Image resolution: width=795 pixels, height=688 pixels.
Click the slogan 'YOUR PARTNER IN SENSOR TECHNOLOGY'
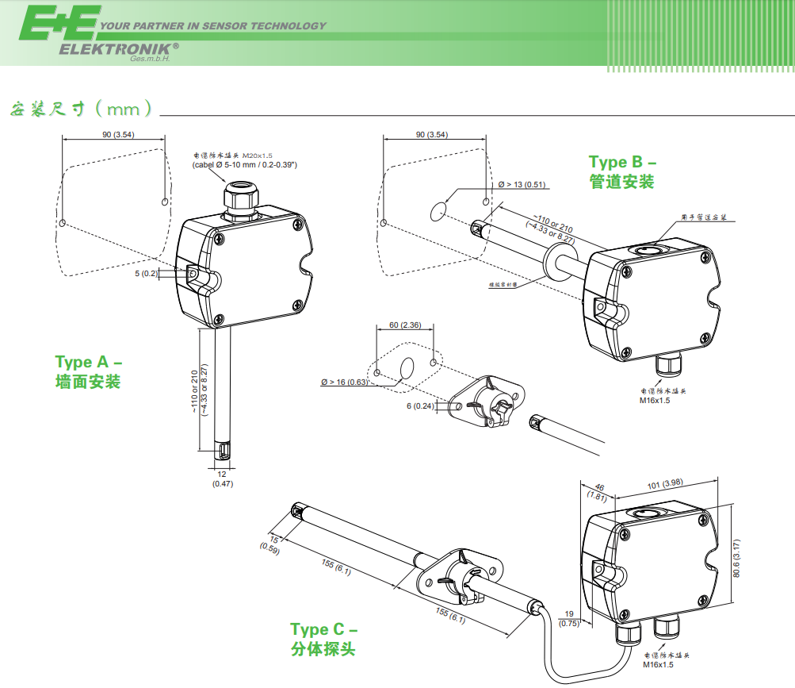tap(212, 26)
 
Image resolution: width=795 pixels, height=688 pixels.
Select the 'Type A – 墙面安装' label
tap(88, 371)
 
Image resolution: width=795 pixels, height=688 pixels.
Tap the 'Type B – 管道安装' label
tap(622, 172)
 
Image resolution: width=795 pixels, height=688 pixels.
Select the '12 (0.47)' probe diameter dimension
tap(222, 479)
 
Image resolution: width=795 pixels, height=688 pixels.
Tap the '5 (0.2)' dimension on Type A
tap(146, 273)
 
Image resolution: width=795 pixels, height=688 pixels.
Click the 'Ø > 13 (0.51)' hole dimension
tap(522, 185)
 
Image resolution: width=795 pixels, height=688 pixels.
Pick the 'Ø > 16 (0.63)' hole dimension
tap(345, 382)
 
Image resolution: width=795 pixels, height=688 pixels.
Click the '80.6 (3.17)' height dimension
tap(736, 559)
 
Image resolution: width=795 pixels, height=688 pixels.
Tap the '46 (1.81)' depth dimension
tap(598, 492)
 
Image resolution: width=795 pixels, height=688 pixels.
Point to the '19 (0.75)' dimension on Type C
tap(569, 618)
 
